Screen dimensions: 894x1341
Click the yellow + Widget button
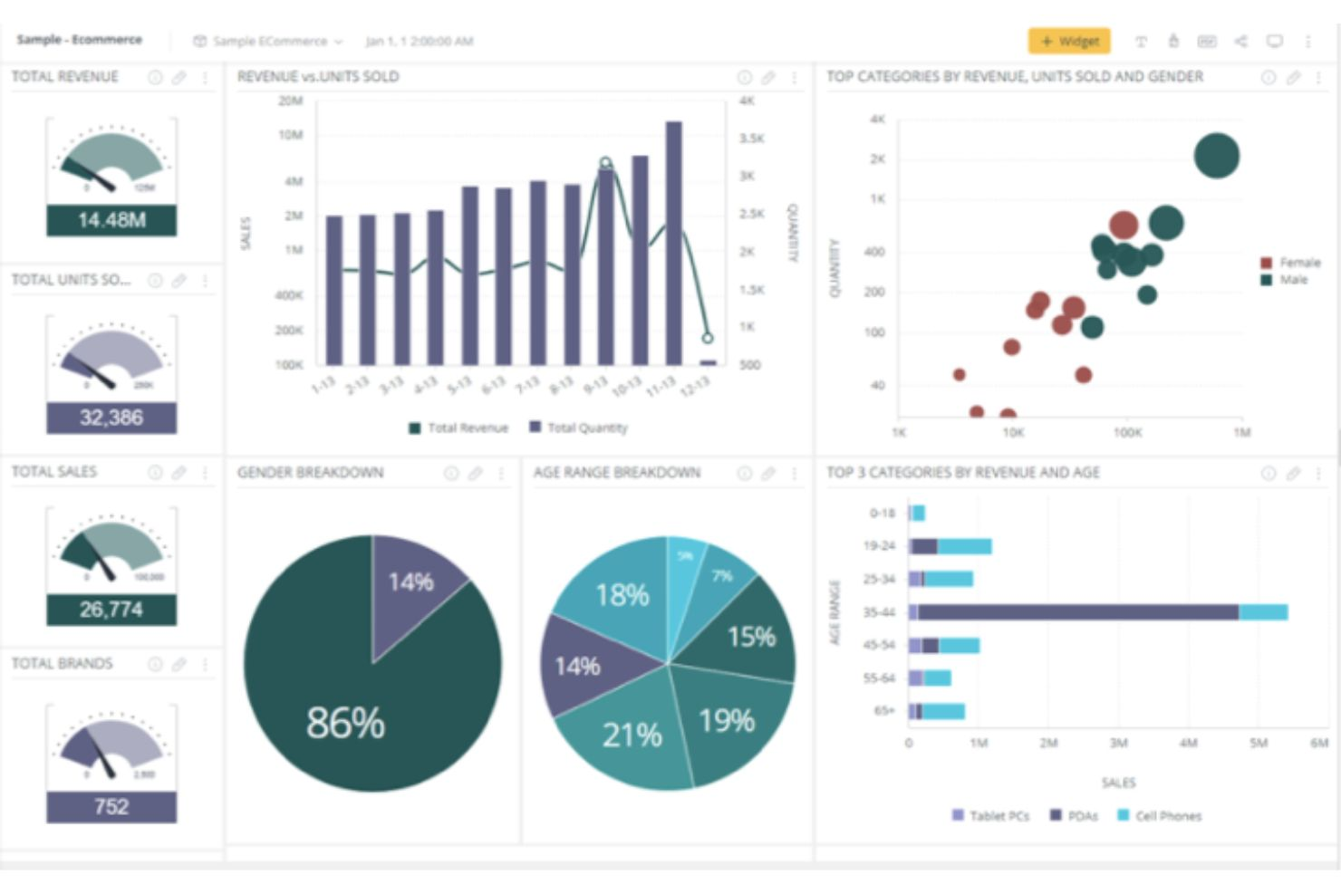[x=1068, y=42]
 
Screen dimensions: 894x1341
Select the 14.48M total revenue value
[x=111, y=220]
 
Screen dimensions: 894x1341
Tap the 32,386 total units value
[x=111, y=418]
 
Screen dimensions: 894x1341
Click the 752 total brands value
[x=111, y=806]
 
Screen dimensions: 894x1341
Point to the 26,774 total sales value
[x=111, y=610]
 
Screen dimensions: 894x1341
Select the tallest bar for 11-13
[x=673, y=245]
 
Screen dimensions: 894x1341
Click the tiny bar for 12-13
[x=708, y=362]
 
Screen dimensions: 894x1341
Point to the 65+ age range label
[x=883, y=711]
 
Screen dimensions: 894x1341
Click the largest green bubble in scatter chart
[x=1216, y=156]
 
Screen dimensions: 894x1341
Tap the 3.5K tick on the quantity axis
[x=751, y=139]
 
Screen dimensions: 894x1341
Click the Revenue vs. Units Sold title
[x=318, y=77]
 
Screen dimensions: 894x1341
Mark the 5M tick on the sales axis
[x=1259, y=743]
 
